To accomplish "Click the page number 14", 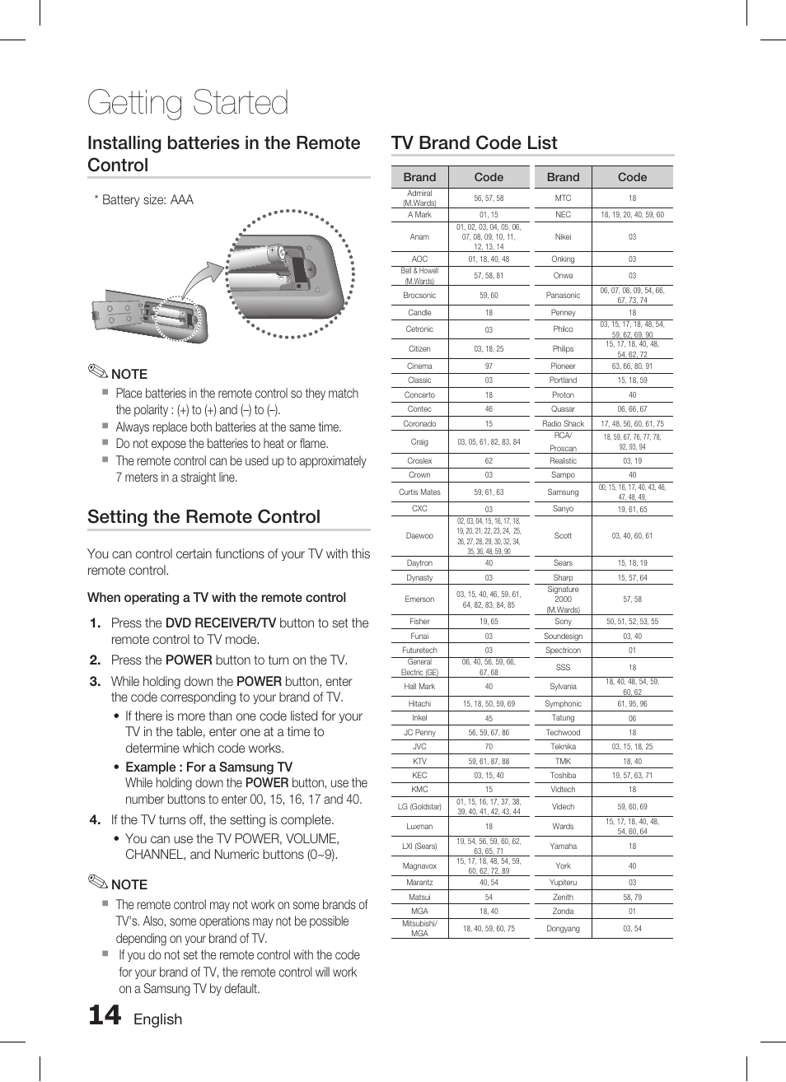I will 105,1015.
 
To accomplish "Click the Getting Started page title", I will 188,103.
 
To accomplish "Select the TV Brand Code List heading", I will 474,142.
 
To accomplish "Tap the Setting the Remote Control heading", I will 204,516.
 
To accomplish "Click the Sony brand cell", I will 563,621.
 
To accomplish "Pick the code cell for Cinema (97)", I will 489,366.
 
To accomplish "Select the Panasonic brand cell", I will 563,295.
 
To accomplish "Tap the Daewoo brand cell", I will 419,535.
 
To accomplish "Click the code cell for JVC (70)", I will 489,747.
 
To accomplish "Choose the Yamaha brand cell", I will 563,846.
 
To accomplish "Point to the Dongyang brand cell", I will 563,928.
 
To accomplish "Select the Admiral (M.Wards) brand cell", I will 419,198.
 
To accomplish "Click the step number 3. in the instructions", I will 96,681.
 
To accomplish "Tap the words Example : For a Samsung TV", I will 208,767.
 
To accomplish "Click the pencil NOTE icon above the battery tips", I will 98,371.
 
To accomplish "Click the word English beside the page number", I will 157,1019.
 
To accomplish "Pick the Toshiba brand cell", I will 563,775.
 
